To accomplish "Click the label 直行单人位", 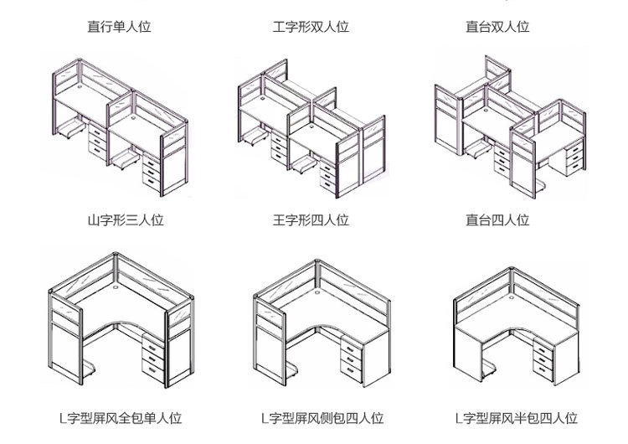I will coord(120,27).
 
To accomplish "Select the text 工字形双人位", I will coord(311,27).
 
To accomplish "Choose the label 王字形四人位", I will coord(311,221).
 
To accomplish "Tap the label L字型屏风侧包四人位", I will coord(322,418).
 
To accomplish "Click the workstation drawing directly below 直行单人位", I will coord(117,126).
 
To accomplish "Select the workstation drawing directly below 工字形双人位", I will coord(310,126).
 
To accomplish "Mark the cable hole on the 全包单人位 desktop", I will coord(115,294).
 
